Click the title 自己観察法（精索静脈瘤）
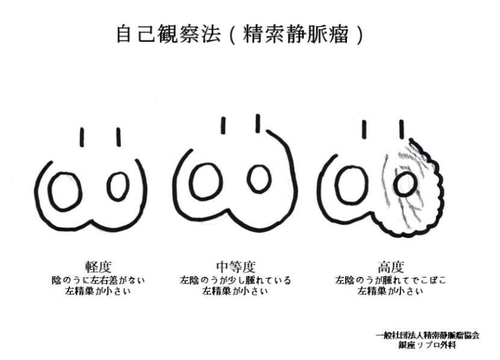point(240,34)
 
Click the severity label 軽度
point(98,267)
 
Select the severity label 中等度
point(235,267)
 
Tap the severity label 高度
point(390,267)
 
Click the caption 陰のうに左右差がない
point(98,281)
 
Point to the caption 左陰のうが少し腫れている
point(235,281)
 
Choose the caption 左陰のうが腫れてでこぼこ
point(390,281)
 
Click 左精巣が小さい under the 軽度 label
point(98,291)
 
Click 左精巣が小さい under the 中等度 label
point(235,291)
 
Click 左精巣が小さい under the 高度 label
point(390,291)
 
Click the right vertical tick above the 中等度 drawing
point(258,123)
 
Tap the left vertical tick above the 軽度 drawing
point(82,137)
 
